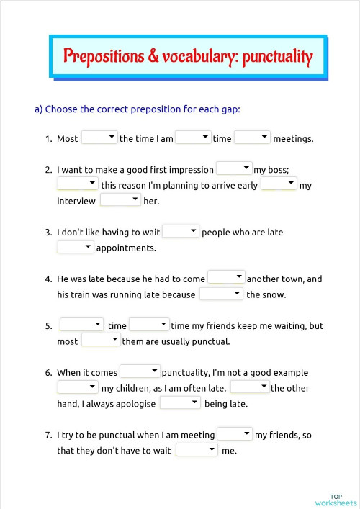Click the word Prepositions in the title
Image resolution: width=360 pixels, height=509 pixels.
point(104,56)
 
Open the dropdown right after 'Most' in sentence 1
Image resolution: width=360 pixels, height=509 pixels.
point(99,137)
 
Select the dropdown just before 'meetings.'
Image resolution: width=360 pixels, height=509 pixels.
point(252,137)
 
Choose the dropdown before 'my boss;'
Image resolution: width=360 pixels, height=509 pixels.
point(234,168)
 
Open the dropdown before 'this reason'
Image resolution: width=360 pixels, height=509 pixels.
point(78,184)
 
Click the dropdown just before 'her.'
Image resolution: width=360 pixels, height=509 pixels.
point(120,200)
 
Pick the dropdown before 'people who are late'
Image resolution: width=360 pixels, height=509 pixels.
point(181,231)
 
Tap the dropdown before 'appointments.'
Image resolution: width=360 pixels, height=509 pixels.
point(76,247)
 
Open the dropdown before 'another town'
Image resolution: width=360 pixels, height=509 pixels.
point(226,278)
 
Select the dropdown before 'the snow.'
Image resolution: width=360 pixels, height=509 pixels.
point(221,294)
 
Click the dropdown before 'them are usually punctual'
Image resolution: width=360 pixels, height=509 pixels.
point(100,341)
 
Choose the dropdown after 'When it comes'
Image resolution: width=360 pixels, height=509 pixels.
point(140,371)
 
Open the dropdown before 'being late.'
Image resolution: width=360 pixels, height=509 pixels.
point(180,403)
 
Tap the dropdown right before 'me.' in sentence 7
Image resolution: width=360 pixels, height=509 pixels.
point(197,450)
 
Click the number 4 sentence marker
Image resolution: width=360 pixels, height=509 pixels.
point(48,279)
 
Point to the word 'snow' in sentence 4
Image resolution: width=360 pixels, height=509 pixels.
point(277,294)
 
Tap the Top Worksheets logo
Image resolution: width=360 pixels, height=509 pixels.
point(336,500)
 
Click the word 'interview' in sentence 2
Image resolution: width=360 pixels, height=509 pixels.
point(76,201)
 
